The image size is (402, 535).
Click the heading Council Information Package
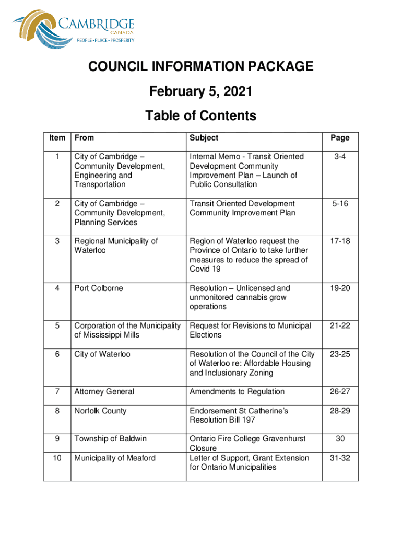(200, 67)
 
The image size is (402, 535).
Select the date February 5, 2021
(200, 92)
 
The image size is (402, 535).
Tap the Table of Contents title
(200, 115)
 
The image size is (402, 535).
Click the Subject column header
(204, 138)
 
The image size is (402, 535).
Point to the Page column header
(339, 138)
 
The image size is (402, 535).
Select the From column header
(84, 138)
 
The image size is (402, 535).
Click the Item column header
(57, 138)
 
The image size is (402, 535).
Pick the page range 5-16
(339, 204)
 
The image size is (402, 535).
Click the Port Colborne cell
(99, 288)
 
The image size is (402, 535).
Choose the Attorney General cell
(104, 392)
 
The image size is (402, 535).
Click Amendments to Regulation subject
(237, 392)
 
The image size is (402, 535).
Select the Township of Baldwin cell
(110, 439)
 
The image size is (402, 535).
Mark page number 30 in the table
(339, 439)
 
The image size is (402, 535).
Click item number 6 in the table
(57, 354)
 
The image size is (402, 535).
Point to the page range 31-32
(339, 458)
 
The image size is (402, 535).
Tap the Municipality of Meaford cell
(115, 458)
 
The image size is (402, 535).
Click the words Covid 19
(205, 269)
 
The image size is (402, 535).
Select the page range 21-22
(339, 326)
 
